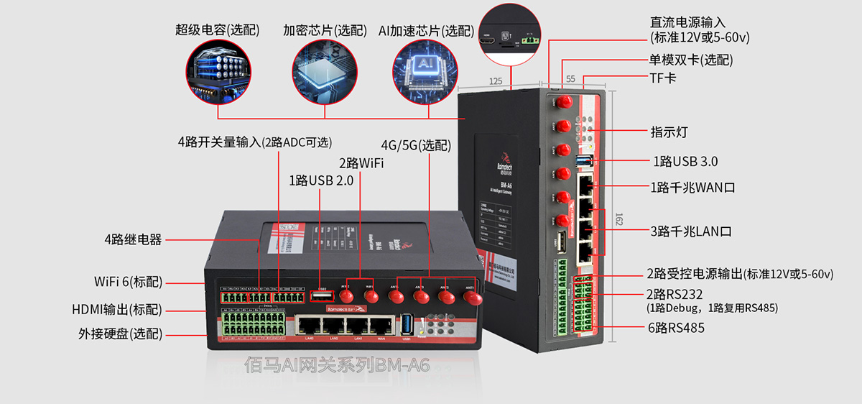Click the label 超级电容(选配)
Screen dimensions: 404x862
pyautogui.click(x=218, y=30)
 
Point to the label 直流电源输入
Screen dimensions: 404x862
pyautogui.click(x=687, y=22)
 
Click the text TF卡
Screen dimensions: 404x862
pyautogui.click(x=663, y=77)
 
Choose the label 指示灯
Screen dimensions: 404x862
pyautogui.click(x=669, y=132)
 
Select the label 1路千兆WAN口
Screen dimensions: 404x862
pyautogui.click(x=692, y=188)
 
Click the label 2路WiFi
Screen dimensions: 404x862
pyautogui.click(x=361, y=162)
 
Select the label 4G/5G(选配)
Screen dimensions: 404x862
pyautogui.click(x=416, y=144)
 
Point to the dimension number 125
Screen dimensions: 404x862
pyautogui.click(x=495, y=81)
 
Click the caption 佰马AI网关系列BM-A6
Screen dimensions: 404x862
pyautogui.click(x=337, y=366)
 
